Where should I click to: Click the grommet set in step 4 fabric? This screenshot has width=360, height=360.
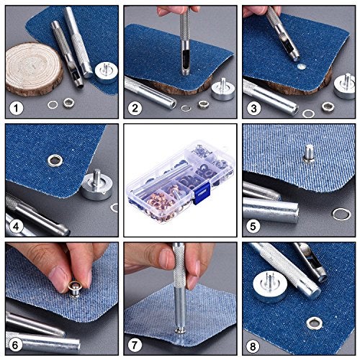[56, 158]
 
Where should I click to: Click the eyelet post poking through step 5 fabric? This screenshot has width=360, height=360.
[308, 153]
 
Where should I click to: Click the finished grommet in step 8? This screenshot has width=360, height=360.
[314, 323]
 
